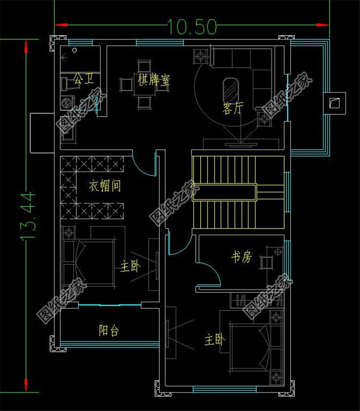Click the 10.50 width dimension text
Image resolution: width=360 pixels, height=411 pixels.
[x=192, y=26]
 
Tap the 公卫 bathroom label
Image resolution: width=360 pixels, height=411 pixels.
[x=84, y=78]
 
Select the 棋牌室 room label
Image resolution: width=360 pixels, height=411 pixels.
[x=154, y=80]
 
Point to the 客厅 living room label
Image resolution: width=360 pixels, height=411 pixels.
[x=233, y=108]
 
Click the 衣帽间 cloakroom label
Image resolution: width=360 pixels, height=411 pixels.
[x=105, y=186]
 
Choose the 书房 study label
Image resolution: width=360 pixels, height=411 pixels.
[x=241, y=256]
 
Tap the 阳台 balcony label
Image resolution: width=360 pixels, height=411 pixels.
[x=109, y=330]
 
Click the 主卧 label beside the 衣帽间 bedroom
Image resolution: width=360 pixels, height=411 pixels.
[x=130, y=266]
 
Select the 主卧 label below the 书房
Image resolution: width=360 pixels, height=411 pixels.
[x=215, y=339]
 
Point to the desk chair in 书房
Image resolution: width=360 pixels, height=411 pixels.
[x=266, y=263]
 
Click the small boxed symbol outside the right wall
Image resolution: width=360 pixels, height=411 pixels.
[x=335, y=103]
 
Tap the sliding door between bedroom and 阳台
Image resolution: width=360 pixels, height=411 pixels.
[x=110, y=305]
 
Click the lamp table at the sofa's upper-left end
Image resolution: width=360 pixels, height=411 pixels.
[x=201, y=56]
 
